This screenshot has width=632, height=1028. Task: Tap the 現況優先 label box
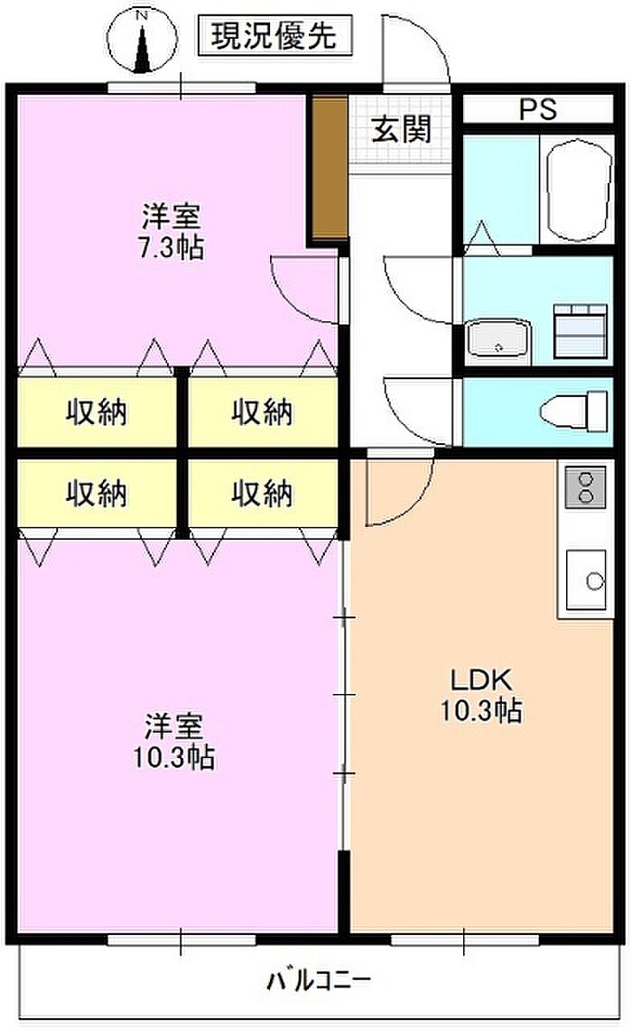(x=274, y=35)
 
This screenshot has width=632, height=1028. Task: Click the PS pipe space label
(x=538, y=109)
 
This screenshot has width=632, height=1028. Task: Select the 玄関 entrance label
(x=401, y=129)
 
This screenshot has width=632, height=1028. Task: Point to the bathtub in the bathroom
(x=578, y=190)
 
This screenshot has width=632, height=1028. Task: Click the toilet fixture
(x=575, y=412)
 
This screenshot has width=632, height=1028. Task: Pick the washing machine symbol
(x=581, y=331)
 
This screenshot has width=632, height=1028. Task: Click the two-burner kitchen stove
(x=585, y=487)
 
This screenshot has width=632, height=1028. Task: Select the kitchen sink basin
(x=585, y=579)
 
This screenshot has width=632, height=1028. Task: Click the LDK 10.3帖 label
(x=480, y=695)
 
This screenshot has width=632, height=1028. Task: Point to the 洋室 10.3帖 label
(x=173, y=741)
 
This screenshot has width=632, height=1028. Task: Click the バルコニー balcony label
(x=320, y=980)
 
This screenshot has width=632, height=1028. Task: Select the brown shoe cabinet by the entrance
(x=330, y=169)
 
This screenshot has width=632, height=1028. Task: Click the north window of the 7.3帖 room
(x=181, y=88)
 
